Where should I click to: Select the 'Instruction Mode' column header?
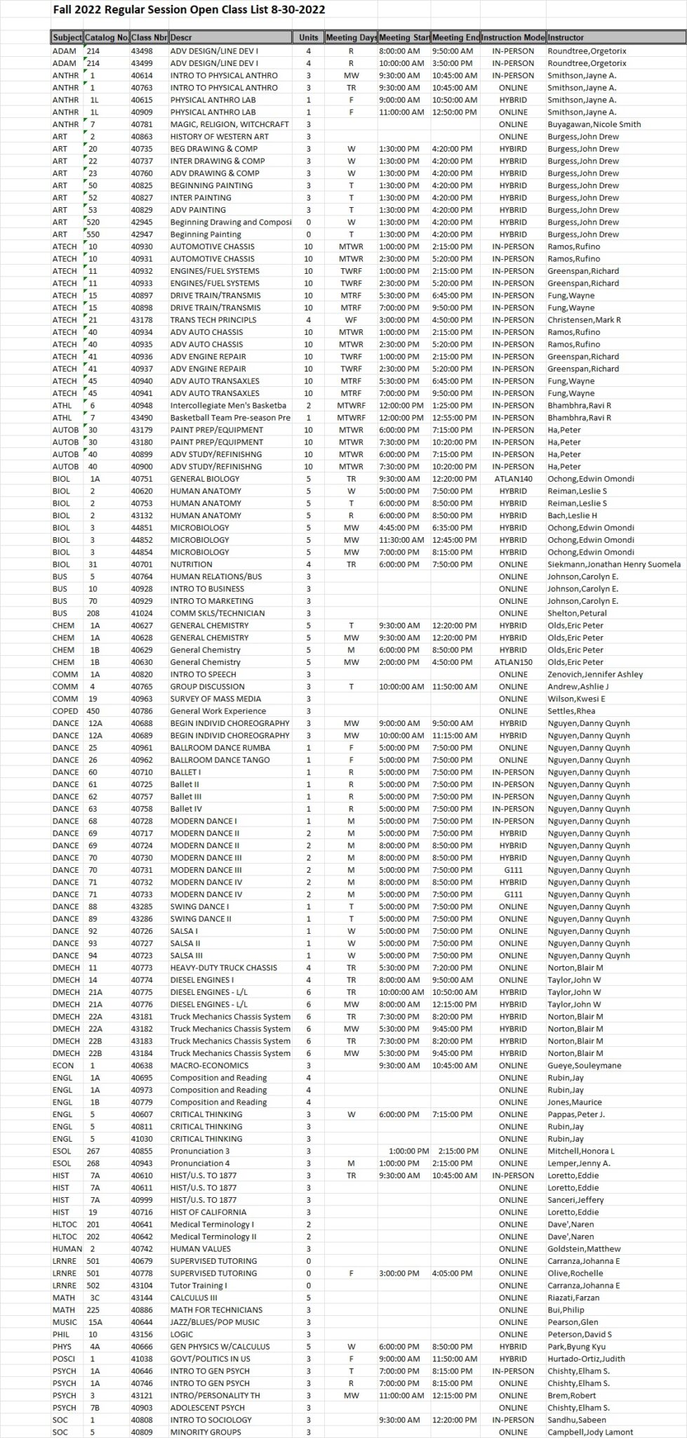[513, 37]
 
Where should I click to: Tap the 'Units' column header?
[308, 37]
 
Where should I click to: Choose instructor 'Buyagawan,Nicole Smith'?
[594, 124]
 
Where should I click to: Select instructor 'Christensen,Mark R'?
[584, 320]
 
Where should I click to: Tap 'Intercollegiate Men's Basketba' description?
[228, 406]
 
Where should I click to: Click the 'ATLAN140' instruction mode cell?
[513, 479]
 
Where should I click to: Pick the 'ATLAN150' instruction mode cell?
[513, 662]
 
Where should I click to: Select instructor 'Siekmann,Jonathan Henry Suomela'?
[613, 565]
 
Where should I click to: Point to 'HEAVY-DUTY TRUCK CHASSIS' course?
[223, 968]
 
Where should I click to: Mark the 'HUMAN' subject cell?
[67, 1248]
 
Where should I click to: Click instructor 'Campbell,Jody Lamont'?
[589, 1432]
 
